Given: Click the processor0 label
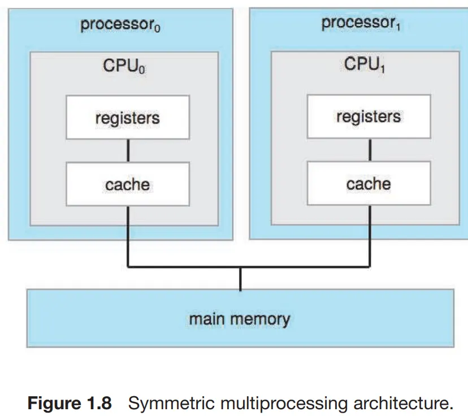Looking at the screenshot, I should (x=119, y=25).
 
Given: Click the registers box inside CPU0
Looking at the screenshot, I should (x=128, y=118).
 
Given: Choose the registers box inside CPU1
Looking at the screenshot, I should (x=369, y=117).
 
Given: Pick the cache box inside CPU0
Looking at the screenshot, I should (x=128, y=184).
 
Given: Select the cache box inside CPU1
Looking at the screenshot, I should (x=369, y=184).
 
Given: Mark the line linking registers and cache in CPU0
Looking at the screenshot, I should (x=128, y=151).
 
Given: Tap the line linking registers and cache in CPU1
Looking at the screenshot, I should (x=370, y=150).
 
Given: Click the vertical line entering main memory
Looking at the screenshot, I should (x=240, y=278).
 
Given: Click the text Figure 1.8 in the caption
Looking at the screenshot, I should (x=70, y=404).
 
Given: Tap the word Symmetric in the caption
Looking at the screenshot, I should (x=163, y=404).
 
